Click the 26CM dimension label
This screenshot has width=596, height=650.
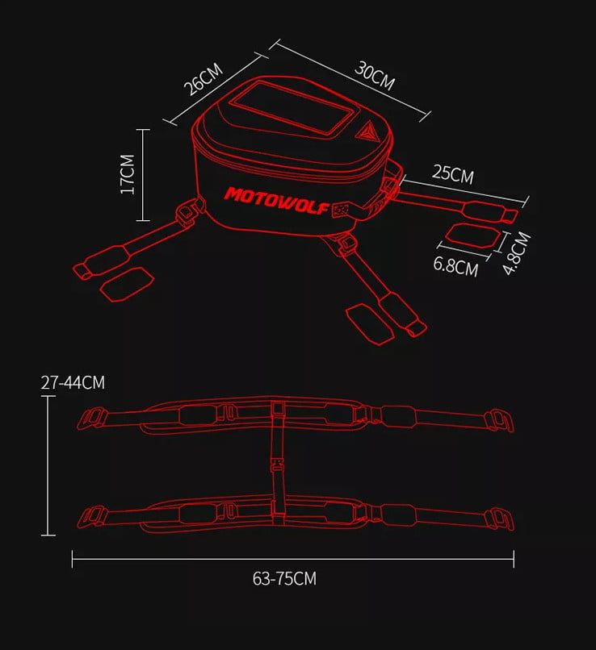204,79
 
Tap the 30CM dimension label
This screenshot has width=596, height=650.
375,76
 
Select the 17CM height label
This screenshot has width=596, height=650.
128,174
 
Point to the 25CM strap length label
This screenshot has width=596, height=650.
453,173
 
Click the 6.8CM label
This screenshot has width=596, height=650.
455,266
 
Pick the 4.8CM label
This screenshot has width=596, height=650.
516,253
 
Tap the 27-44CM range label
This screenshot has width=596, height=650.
73,382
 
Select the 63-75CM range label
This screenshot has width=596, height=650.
284,578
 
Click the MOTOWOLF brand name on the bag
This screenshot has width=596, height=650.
277,201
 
